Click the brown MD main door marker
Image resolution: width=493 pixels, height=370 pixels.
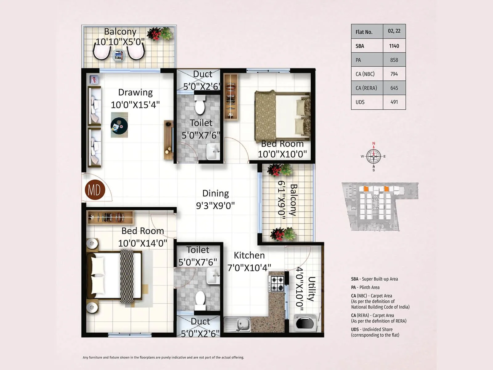(95, 190)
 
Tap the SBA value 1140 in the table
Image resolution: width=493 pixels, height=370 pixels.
(394, 46)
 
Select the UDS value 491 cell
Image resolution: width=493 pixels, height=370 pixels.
(394, 102)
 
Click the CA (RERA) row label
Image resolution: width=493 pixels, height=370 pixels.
(366, 88)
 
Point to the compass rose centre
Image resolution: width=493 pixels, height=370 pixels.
(373, 157)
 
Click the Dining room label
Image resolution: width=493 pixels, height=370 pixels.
(215, 193)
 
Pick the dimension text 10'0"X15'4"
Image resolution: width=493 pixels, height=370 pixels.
(135, 105)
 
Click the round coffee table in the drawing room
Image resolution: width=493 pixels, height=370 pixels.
(119, 125)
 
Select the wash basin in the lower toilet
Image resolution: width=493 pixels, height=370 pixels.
(213, 275)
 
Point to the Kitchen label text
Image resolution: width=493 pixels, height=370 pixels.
(249, 255)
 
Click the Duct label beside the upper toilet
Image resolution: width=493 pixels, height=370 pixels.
(202, 74)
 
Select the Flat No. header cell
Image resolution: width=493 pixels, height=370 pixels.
(367, 32)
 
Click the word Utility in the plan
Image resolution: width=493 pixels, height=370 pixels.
(312, 289)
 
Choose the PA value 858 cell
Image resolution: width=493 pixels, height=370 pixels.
(394, 60)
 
